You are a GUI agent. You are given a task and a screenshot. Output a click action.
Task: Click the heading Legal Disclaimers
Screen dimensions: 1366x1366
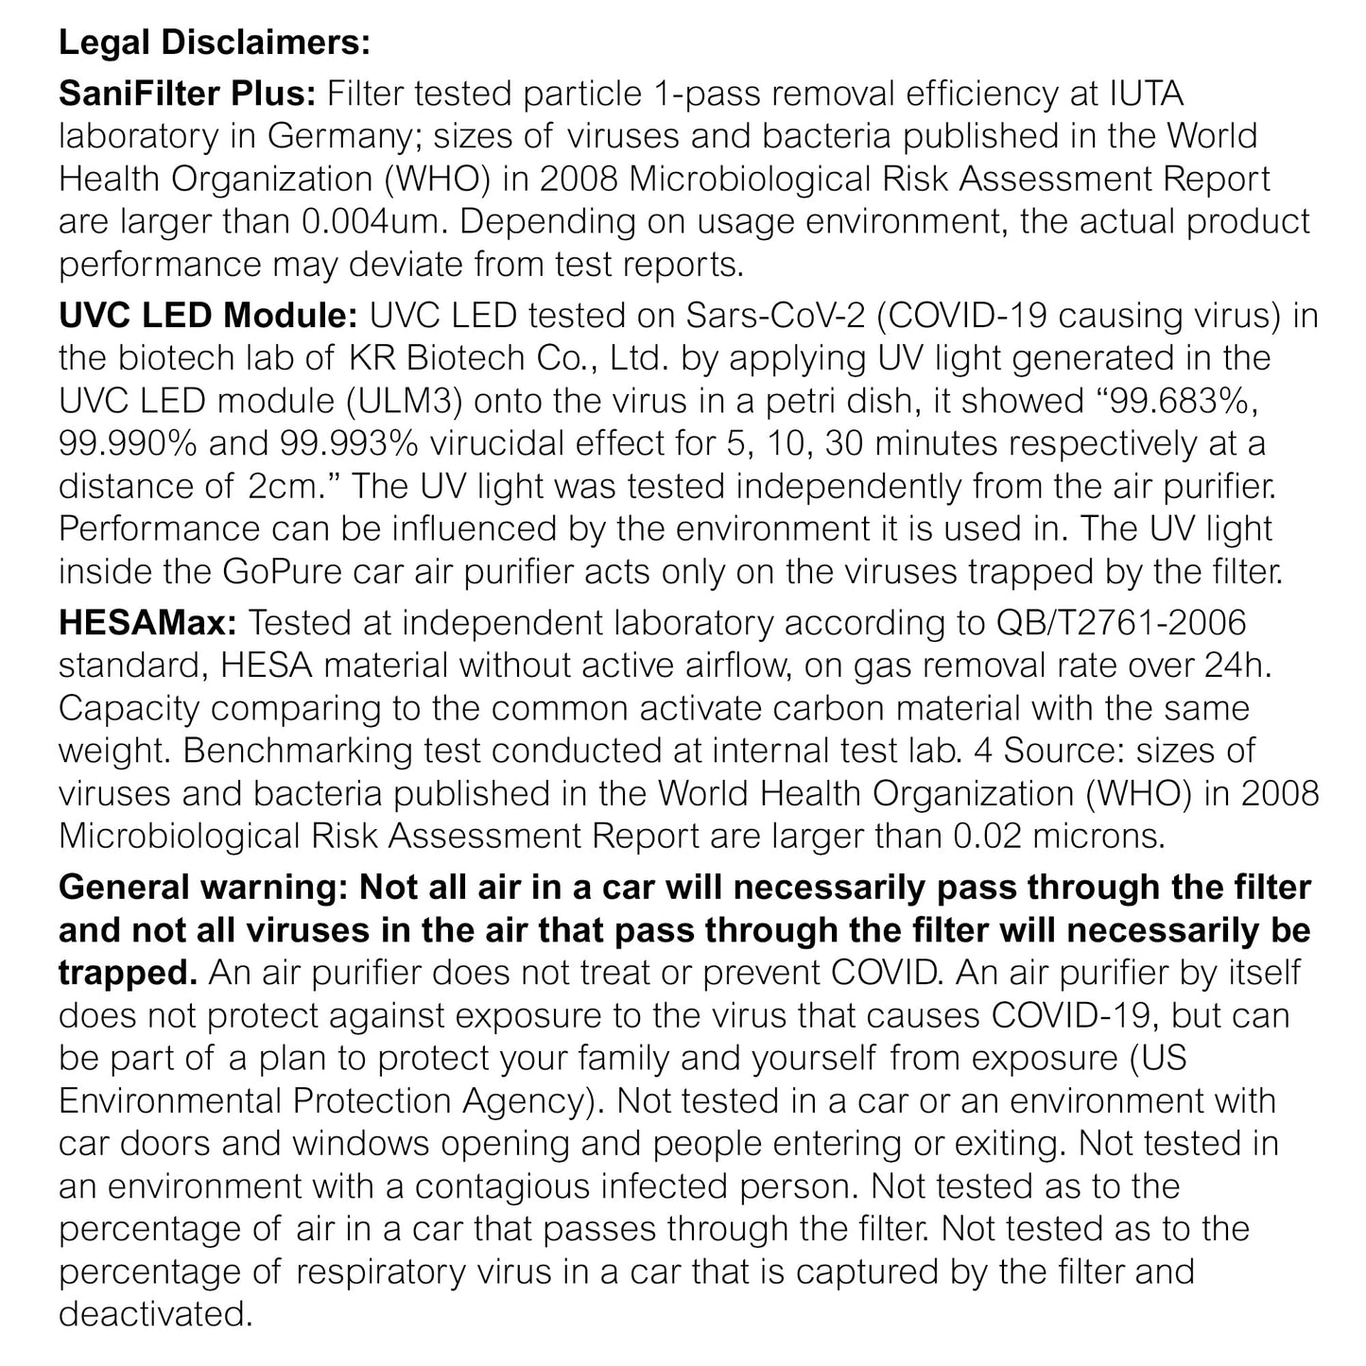(215, 43)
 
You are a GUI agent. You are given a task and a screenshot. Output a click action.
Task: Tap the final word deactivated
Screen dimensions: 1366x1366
(155, 1313)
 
